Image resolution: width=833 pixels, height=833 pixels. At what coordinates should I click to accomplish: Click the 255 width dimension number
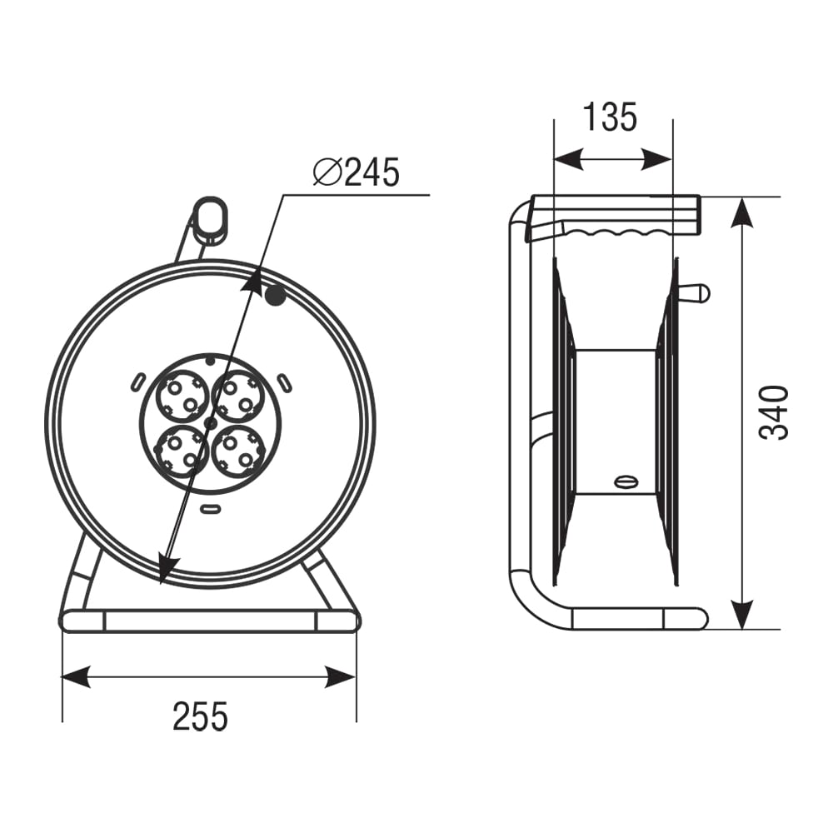pos(200,716)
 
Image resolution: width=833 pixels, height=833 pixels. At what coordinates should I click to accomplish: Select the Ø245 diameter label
pos(356,172)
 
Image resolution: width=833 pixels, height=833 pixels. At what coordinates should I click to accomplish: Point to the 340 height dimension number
pos(773,413)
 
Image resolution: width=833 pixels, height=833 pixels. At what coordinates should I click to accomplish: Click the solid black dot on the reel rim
pos(275,296)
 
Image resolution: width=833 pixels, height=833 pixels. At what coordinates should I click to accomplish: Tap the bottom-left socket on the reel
pos(182,451)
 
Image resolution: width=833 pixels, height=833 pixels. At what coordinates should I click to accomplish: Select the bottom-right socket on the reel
pos(237,451)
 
